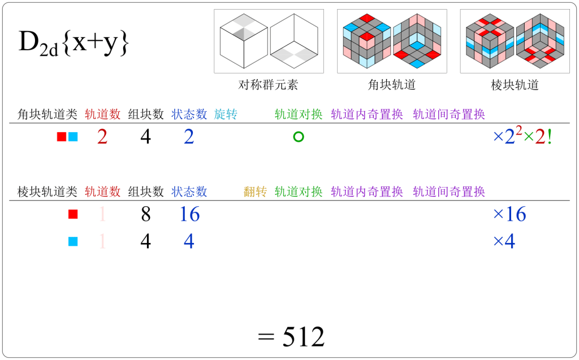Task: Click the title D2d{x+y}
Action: tap(74, 44)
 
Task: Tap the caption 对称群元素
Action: tap(268, 85)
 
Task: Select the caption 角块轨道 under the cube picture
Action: tap(392, 85)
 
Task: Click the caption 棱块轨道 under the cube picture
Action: tap(515, 85)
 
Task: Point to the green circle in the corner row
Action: tap(299, 137)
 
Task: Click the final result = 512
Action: tap(291, 337)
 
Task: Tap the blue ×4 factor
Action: tap(504, 241)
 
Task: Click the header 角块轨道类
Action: tap(47, 114)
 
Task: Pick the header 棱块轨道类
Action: tap(47, 192)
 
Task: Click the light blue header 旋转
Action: tap(226, 114)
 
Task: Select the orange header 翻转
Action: tap(255, 192)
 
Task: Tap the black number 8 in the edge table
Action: tap(145, 214)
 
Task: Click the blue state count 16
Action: tap(189, 214)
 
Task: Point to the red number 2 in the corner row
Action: tap(102, 137)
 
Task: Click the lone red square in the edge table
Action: tap(72, 214)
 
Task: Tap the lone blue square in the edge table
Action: tap(72, 241)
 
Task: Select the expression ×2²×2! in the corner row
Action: tap(522, 137)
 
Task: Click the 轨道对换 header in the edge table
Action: tap(299, 192)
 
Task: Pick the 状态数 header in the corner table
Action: tap(189, 114)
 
